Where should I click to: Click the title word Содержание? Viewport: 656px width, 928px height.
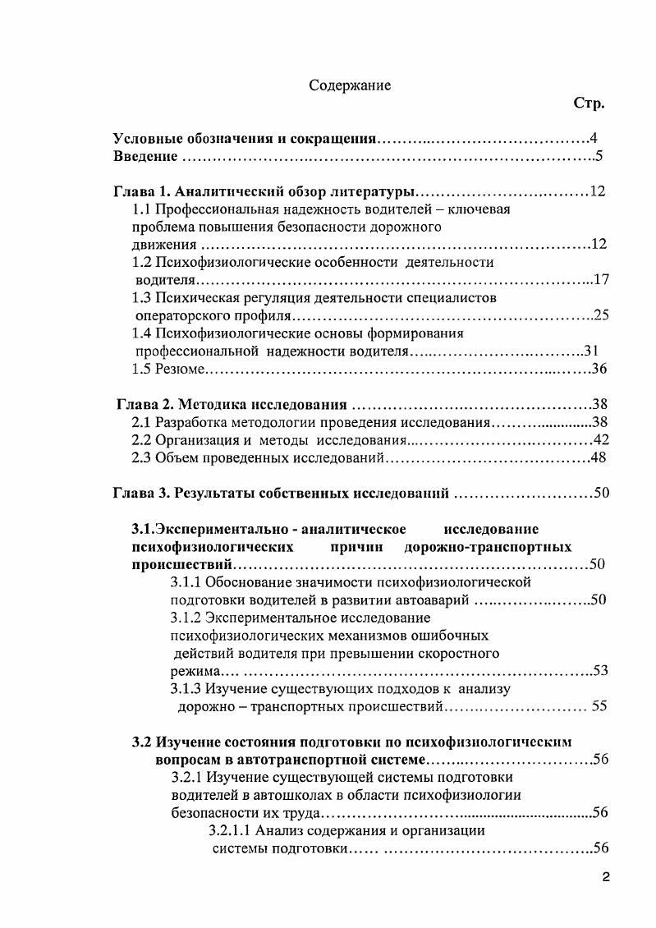350,85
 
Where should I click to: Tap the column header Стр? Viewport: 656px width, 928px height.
589,103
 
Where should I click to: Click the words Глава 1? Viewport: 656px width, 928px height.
141,192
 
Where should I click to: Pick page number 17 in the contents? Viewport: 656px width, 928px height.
600,280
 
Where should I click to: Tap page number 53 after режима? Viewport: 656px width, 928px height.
600,671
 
